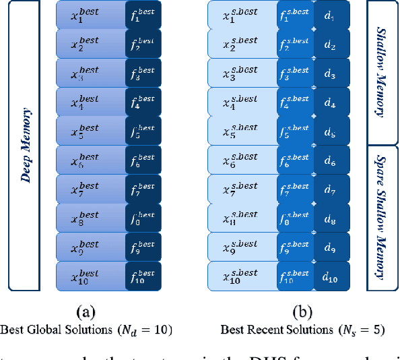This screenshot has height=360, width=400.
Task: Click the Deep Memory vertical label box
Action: tap(24, 145)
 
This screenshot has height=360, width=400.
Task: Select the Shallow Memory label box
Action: tap(382, 73)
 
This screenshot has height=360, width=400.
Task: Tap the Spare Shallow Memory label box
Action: tap(382, 218)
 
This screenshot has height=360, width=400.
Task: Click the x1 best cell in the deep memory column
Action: tap(89, 15)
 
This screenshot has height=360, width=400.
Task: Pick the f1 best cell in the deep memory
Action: tap(144, 15)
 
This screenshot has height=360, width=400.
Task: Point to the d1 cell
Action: tap(330, 15)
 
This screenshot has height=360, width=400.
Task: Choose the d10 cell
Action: tap(330, 276)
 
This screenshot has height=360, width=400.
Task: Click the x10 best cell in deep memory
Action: tap(89, 276)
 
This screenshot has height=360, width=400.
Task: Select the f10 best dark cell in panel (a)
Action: tap(144, 276)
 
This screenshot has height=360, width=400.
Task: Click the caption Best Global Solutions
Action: tap(87, 330)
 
